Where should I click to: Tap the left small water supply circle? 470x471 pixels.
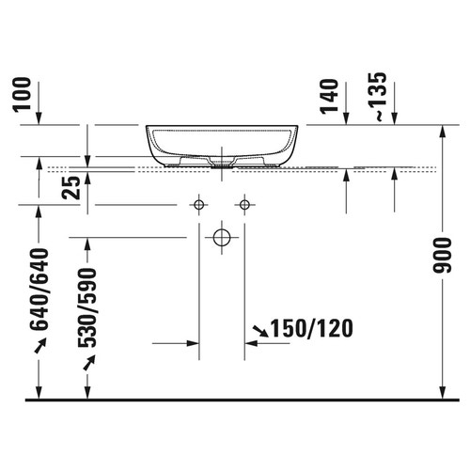198,204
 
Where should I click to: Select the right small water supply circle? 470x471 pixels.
245,204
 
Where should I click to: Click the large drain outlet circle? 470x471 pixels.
222,237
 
